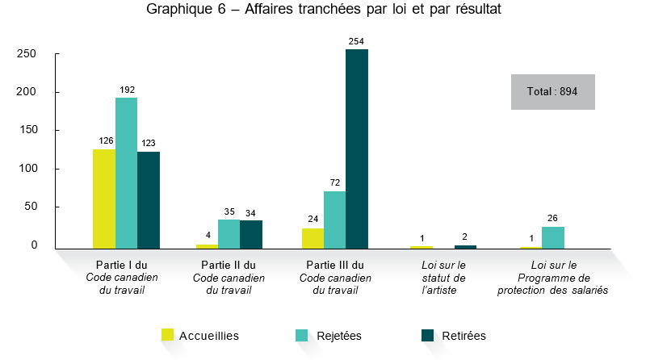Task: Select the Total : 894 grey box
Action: pos(552,92)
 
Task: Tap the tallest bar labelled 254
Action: pos(357,149)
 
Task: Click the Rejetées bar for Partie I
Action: pos(126,173)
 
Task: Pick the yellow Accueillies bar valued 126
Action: pos(104,199)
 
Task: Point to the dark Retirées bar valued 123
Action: pos(149,199)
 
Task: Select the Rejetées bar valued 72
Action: pos(334,220)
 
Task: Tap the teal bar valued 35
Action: pos(229,234)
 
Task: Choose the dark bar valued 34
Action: pos(251,234)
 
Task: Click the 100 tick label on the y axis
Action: pos(28,169)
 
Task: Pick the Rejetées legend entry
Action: pos(328,335)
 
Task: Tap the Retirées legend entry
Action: pos(454,335)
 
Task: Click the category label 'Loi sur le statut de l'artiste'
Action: pos(444,277)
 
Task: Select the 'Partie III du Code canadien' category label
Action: pos(335,277)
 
